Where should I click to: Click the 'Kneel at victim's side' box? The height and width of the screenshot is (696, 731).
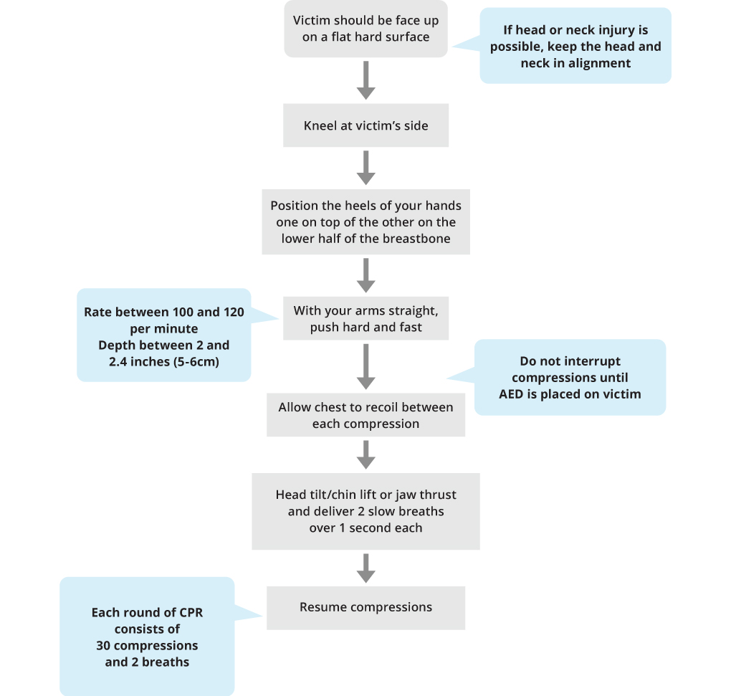point(366,125)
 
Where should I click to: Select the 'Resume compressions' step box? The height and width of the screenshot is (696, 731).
point(366,608)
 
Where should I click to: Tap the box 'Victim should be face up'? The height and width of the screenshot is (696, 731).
point(366,29)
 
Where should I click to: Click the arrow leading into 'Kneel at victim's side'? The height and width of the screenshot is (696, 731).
point(366,80)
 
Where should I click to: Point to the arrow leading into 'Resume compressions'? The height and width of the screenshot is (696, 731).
point(366,568)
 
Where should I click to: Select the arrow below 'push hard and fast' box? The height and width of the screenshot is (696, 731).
point(366,366)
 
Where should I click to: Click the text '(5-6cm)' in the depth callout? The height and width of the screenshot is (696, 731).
point(196,362)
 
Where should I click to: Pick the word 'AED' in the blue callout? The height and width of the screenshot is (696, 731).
point(512,394)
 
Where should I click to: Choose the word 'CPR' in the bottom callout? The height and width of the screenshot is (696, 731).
point(191,613)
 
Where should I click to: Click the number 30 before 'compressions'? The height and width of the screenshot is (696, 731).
point(103,646)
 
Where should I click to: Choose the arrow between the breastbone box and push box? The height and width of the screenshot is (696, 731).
point(366,275)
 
